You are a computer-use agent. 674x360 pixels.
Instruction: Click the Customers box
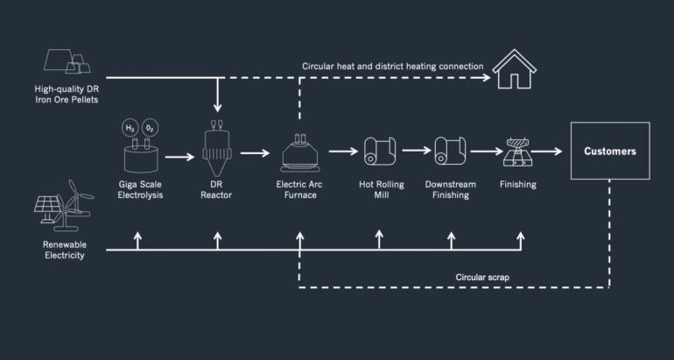click(609, 151)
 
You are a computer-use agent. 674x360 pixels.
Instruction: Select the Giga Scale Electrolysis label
click(141, 190)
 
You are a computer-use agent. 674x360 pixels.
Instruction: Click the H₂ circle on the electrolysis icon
click(130, 128)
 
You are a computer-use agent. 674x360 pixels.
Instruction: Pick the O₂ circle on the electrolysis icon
click(150, 128)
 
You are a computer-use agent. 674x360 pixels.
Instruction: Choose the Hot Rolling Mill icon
click(380, 152)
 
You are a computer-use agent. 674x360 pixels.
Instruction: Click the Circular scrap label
click(482, 277)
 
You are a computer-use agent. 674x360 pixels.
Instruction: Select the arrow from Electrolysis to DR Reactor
click(179, 158)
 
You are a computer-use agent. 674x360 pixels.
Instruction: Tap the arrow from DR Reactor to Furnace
click(256, 153)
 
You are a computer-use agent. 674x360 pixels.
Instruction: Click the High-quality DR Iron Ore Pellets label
click(67, 95)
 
